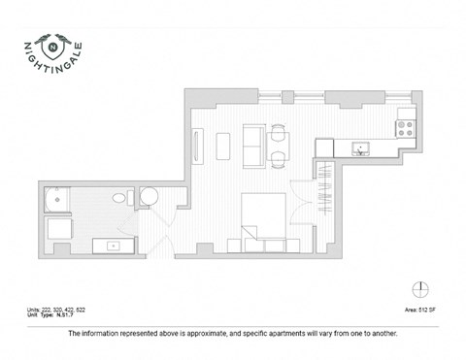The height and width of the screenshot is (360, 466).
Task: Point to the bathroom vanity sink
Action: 114,245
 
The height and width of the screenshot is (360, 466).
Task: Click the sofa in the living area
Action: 251,147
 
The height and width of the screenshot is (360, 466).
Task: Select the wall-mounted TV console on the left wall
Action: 198,147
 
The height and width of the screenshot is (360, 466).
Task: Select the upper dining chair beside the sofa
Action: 279,134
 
